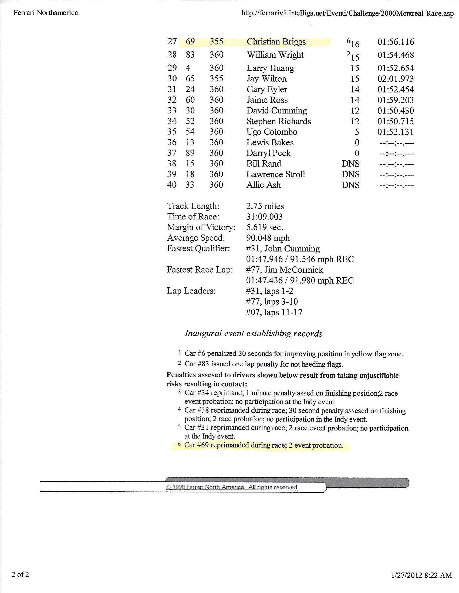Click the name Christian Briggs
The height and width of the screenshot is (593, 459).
[276, 42]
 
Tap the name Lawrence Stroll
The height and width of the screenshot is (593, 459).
[275, 174]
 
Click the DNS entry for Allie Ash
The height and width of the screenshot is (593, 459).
[350, 185]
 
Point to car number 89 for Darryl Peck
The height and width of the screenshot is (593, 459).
[190, 153]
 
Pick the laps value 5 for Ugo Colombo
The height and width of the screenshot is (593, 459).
[357, 132]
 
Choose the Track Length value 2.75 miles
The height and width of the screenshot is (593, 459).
[265, 206]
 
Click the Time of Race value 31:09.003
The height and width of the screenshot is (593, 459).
[264, 217]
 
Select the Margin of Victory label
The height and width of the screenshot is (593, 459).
[201, 227]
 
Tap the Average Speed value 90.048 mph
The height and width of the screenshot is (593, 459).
[268, 238]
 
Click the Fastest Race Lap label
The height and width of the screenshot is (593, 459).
[200, 270]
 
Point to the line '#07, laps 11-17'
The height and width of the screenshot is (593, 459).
[274, 312]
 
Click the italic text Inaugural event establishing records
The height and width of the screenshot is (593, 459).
[253, 333]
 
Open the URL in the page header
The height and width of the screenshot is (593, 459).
[347, 13]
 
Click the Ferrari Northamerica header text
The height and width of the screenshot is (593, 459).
[46, 13]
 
